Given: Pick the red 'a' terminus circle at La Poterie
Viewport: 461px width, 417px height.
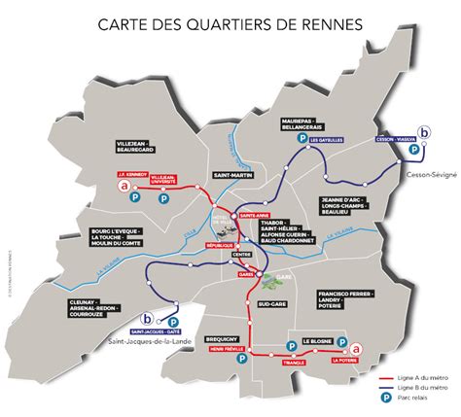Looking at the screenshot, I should [357, 349].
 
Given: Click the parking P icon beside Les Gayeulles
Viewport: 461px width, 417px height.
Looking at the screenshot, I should [302, 141].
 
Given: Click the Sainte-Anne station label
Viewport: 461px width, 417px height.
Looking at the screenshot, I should [255, 214].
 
